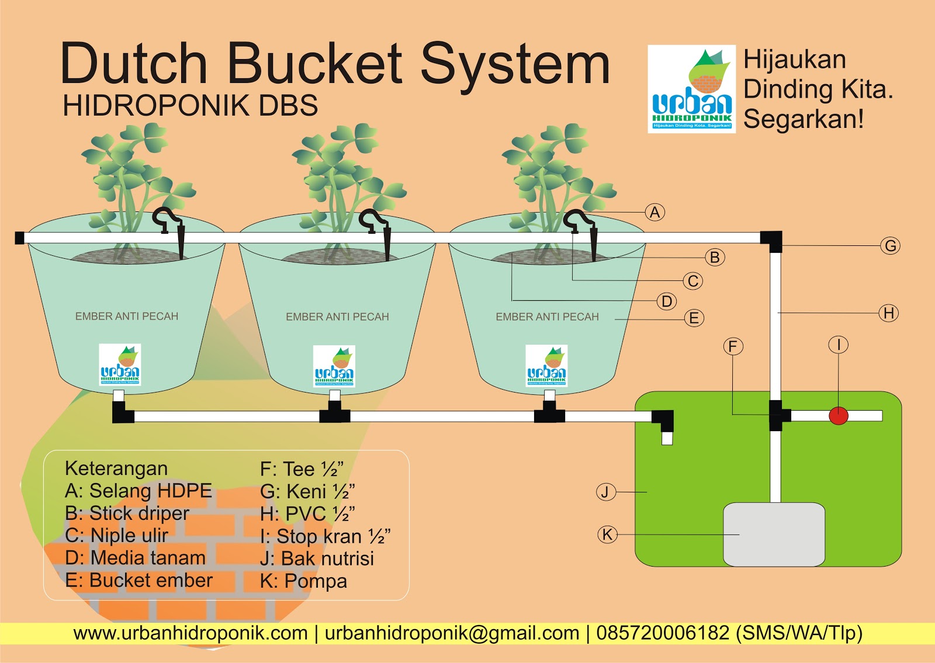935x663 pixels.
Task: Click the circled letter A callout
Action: [655, 212]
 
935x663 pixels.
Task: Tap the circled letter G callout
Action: [890, 246]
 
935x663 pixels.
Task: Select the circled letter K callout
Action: [608, 534]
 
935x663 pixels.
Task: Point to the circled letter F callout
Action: [733, 346]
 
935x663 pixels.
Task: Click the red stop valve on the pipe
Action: [839, 416]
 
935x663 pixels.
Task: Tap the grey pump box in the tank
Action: [774, 534]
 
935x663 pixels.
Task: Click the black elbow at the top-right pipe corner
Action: [772, 239]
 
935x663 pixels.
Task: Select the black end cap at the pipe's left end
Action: [19, 238]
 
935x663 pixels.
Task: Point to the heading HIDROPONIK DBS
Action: [190, 106]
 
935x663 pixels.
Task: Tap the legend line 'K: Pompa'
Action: [303, 581]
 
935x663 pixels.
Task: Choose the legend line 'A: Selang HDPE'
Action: [138, 491]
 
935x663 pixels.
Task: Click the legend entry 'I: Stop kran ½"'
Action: [325, 536]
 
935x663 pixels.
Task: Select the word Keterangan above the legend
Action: [116, 468]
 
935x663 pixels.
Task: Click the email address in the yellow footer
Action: [452, 633]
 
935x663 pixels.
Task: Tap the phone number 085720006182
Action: [663, 633]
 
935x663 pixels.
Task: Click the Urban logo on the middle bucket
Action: [334, 366]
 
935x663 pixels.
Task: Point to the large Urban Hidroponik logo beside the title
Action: [691, 89]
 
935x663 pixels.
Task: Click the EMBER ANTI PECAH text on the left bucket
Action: [127, 317]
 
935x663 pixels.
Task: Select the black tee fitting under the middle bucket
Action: [334, 416]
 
